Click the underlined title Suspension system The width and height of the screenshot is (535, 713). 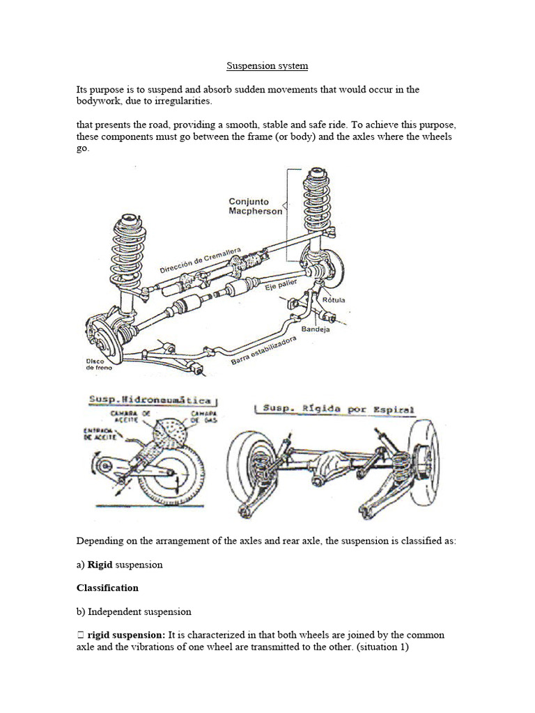(x=267, y=66)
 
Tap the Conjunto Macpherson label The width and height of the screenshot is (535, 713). (x=256, y=206)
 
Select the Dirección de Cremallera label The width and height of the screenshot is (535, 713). (x=201, y=260)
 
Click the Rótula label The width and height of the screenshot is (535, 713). (x=334, y=300)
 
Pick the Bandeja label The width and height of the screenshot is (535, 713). (x=316, y=329)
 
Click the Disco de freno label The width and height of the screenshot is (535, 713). (x=95, y=364)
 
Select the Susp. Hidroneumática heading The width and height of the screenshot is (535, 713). (x=153, y=402)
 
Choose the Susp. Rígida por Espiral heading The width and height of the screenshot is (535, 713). (x=336, y=409)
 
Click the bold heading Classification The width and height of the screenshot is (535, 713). (x=107, y=588)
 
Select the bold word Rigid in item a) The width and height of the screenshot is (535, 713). (x=100, y=565)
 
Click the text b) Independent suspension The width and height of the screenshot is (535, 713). (x=134, y=611)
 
